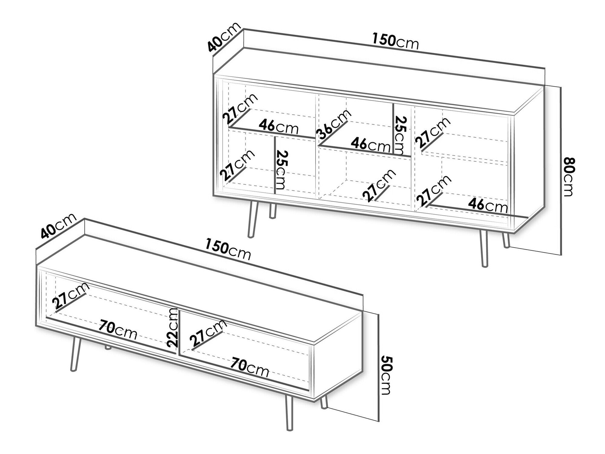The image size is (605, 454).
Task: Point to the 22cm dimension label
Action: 173,327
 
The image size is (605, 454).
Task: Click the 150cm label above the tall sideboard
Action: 396,41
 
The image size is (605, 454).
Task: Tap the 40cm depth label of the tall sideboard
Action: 224,37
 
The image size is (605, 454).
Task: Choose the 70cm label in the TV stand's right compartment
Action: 249,367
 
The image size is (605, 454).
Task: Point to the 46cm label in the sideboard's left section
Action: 279,127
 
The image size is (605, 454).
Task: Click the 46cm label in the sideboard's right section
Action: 488,206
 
